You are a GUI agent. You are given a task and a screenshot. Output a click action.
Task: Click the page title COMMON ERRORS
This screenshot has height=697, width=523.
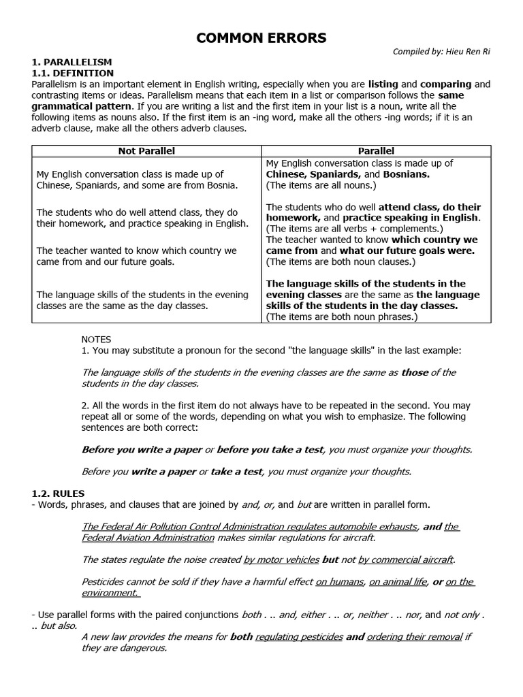(261, 39)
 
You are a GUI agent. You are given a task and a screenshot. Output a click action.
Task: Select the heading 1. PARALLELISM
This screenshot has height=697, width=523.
(72, 62)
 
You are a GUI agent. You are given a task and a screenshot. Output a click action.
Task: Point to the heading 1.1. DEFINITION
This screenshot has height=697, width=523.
(73, 73)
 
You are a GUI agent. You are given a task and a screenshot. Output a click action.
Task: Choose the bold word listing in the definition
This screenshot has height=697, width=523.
(383, 84)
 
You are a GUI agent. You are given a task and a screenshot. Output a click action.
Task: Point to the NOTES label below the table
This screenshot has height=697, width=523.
(96, 339)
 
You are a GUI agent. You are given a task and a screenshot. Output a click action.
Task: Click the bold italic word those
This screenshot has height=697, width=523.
(415, 372)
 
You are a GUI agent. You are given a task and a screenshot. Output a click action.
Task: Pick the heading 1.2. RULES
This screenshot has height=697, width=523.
(59, 493)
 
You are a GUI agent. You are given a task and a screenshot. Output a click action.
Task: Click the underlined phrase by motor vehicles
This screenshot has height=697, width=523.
(281, 560)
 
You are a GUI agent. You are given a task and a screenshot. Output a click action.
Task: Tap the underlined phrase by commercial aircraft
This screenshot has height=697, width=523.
(405, 560)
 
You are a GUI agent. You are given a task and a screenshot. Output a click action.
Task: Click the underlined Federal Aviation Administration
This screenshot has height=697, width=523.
(148, 538)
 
